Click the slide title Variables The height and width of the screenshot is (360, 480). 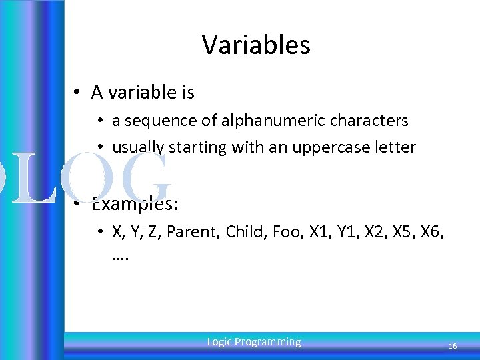point(256,45)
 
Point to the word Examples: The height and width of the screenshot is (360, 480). point(134,203)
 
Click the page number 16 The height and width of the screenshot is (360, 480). point(453,346)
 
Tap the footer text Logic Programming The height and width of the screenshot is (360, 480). point(254,342)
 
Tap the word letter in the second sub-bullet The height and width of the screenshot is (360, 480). point(398,147)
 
